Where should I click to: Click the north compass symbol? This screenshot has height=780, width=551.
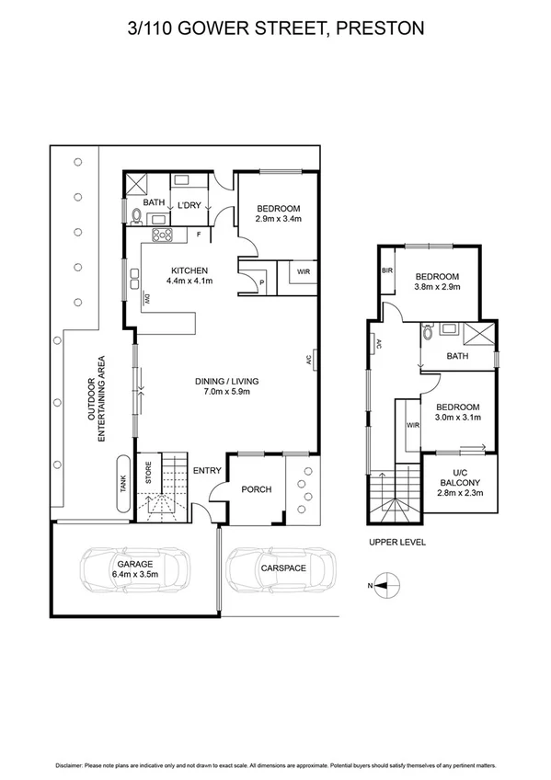pyautogui.click(x=388, y=583)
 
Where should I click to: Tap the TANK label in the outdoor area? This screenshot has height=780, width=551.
pyautogui.click(x=122, y=485)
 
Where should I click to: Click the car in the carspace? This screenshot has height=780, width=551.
pyautogui.click(x=281, y=569)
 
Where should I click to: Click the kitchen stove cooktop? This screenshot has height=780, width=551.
pyautogui.click(x=163, y=235)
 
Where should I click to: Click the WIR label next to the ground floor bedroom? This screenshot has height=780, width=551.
pyautogui.click(x=303, y=272)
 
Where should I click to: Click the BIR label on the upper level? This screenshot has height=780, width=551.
pyautogui.click(x=387, y=270)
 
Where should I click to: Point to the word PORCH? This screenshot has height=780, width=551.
pyautogui.click(x=256, y=489)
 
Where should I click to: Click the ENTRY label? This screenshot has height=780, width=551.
pyautogui.click(x=207, y=471)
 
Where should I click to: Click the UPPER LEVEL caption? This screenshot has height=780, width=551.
pyautogui.click(x=396, y=542)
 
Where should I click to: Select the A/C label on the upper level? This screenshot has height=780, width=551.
pyautogui.click(x=377, y=346)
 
